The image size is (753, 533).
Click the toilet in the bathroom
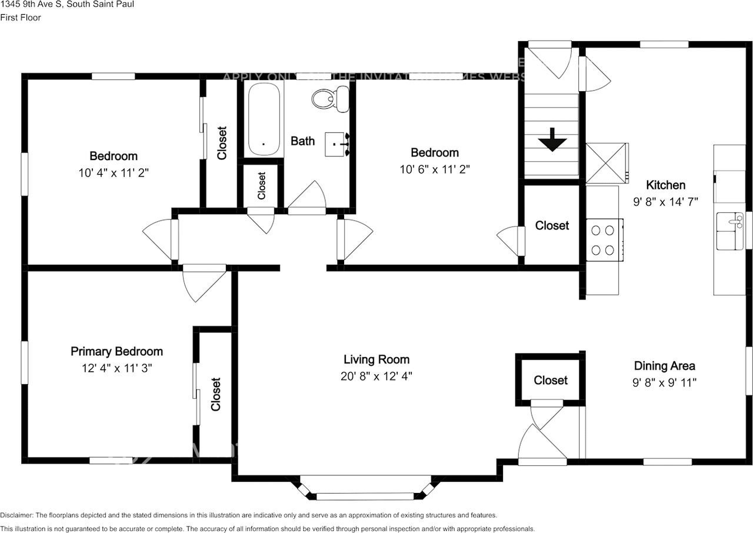329,98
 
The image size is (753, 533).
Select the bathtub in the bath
263,118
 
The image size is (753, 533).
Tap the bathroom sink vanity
338,144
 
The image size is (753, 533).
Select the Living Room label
376,359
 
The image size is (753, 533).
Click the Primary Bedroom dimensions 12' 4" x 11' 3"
116,368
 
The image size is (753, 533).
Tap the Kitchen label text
666,185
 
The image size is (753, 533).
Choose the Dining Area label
665,366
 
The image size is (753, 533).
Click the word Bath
303,141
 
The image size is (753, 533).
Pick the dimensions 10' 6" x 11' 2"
435,169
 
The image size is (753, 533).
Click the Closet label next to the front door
551,381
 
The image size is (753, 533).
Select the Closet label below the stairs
552,225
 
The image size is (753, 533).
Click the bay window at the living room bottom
366,487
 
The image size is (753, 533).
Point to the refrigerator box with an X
607,163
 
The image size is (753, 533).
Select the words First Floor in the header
21,18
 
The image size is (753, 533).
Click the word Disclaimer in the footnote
17,515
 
